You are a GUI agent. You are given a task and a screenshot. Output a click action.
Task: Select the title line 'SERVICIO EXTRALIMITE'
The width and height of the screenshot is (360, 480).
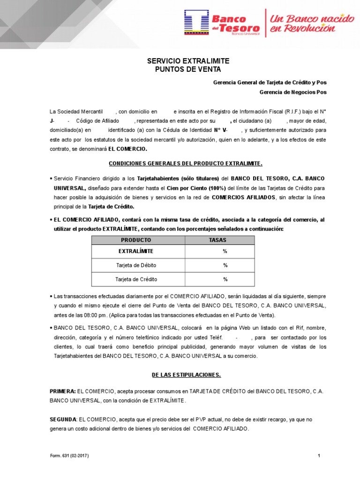tap(181, 61)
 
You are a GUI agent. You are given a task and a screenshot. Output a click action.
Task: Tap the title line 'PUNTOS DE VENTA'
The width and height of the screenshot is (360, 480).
tap(181, 70)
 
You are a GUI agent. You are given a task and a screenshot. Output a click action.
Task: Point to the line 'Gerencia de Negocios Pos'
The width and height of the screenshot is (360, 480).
tap(293, 92)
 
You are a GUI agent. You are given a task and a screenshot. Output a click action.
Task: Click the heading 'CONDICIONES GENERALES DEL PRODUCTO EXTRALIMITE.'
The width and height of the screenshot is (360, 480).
tap(186, 164)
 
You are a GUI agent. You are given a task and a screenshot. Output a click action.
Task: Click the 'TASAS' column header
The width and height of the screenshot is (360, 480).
tap(220, 240)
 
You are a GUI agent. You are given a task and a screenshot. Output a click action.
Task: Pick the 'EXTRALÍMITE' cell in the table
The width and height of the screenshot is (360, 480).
tap(136, 251)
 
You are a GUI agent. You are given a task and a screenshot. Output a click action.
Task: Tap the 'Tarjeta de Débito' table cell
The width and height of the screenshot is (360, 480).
tap(136, 265)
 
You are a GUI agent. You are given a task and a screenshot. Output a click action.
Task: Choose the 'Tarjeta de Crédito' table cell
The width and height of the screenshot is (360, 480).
tap(136, 279)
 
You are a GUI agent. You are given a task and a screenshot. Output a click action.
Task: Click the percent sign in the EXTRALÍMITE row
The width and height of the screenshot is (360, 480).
tap(225, 251)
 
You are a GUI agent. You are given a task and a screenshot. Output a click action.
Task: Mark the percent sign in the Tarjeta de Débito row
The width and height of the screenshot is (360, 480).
tap(225, 265)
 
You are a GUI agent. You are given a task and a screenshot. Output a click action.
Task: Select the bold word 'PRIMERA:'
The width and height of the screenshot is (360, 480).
tap(63, 391)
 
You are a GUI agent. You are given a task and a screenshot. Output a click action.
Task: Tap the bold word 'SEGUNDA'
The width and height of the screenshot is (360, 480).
tap(63, 420)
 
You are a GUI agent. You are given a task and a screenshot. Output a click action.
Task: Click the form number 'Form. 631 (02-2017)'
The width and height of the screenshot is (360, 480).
tap(69, 456)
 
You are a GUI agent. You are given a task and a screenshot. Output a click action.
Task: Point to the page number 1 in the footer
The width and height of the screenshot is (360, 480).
tap(319, 456)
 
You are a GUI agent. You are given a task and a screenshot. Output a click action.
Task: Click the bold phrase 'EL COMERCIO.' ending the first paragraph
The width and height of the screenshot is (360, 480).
tap(127, 149)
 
